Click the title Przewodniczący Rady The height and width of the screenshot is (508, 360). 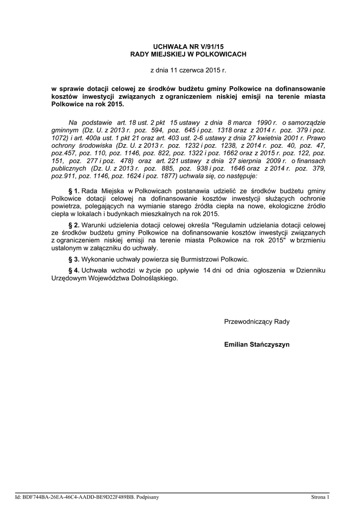point(257,321)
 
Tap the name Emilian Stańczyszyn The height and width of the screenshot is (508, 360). point(257,344)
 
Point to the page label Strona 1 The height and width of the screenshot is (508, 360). point(320,497)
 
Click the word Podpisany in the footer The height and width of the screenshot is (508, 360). point(147,497)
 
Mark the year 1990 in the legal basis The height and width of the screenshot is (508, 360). point(265,122)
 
